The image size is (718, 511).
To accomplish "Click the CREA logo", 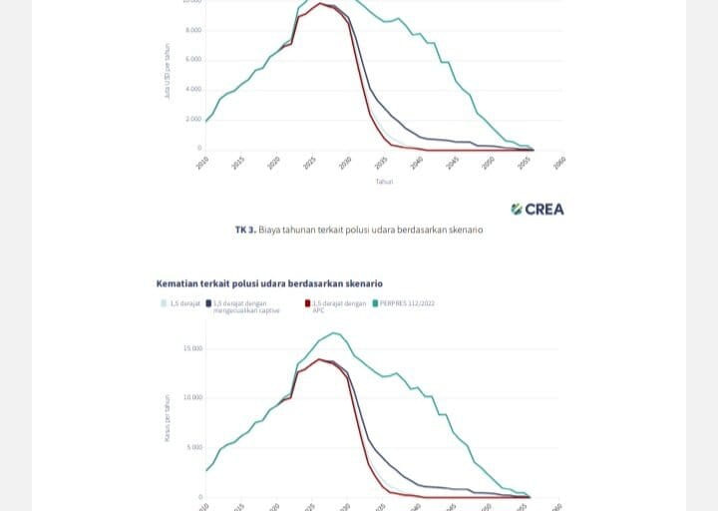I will (538, 209).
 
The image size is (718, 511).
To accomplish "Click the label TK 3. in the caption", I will (245, 230).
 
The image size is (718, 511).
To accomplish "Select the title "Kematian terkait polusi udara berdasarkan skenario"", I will (269, 283).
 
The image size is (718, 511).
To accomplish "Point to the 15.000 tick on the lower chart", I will (191, 348).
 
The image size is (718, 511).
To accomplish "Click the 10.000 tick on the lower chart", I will (191, 397).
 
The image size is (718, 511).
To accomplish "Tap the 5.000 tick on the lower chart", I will (193, 446).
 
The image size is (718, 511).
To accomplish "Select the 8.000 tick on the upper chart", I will (193, 30).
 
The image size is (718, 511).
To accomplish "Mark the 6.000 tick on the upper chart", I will (193, 60).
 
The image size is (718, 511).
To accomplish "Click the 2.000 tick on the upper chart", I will (193, 119).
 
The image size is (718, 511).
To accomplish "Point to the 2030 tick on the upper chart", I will (345, 162).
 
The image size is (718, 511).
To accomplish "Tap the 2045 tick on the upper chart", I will (453, 162).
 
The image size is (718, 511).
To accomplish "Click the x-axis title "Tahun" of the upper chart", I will (384, 182).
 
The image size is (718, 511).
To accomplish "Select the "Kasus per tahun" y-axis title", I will (169, 417).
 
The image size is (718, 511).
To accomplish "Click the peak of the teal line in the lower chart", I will (334, 332).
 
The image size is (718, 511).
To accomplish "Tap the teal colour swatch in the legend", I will (374, 302).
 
